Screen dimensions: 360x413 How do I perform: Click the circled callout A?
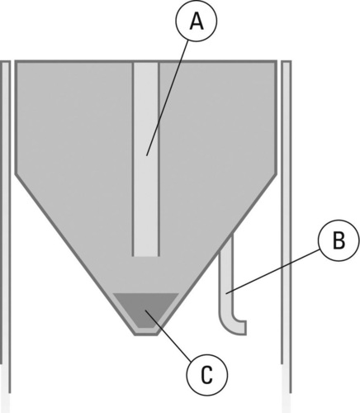[197, 21]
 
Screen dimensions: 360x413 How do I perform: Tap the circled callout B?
[339, 240]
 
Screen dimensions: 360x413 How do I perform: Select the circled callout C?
[207, 375]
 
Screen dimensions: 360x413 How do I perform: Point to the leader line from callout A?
[168, 97]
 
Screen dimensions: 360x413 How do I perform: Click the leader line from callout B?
[273, 272]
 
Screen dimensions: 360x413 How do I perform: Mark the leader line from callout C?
[168, 335]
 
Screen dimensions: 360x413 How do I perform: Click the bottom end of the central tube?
[146, 256]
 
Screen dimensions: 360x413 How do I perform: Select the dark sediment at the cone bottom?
[146, 309]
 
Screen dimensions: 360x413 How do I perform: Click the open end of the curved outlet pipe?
[245, 327]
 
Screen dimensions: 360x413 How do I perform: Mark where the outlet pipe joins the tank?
[226, 239]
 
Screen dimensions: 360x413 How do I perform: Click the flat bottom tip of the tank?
[146, 334]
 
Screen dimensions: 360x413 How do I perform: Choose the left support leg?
[6, 226]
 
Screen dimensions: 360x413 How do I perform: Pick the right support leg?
[287, 226]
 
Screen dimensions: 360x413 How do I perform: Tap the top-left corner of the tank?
[16, 61]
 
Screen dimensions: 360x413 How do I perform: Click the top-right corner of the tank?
[276, 61]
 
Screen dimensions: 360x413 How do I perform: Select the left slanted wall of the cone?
[75, 254]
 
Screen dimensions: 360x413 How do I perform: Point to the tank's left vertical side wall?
[16, 117]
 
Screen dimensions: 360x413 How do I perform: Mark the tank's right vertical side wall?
[276, 117]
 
